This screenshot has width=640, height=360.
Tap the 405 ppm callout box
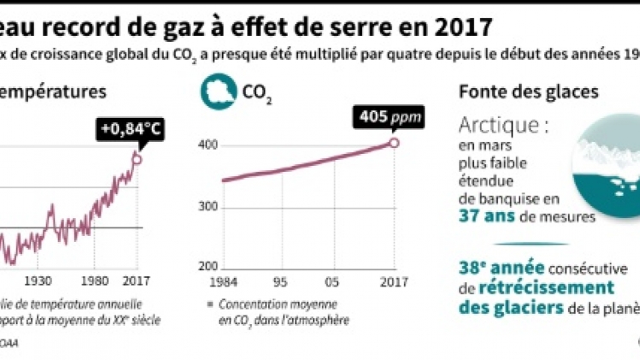(379, 116)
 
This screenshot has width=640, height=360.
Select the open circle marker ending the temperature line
(138, 158)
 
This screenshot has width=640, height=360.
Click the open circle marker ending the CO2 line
(394, 142)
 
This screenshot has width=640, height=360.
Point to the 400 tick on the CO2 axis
(208, 145)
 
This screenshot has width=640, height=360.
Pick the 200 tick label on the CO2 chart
(208, 268)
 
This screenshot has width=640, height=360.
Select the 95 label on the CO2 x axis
(280, 283)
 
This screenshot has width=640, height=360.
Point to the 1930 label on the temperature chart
(37, 281)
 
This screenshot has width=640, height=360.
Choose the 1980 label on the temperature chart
(95, 281)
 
